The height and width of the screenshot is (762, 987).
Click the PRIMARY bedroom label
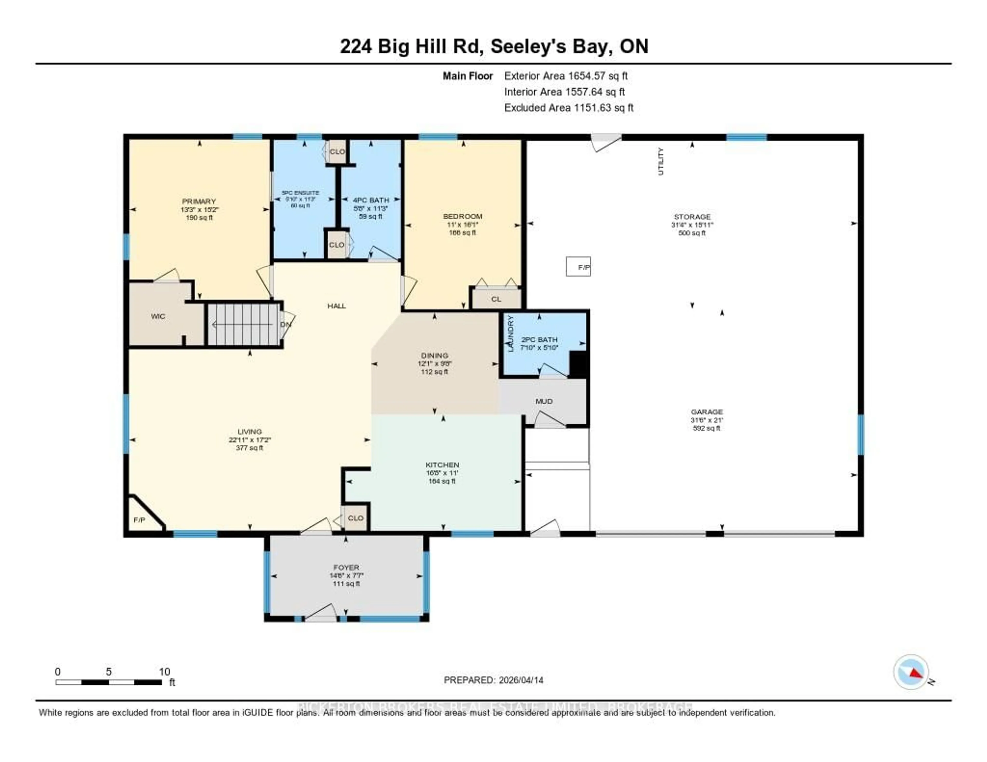tap(199, 201)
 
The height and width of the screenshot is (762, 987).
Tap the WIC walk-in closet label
tap(158, 316)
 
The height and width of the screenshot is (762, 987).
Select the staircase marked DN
tap(244, 324)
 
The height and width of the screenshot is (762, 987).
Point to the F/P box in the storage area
tap(579, 267)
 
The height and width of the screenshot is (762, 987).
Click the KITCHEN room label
tap(442, 465)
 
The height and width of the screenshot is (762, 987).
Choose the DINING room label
tap(434, 356)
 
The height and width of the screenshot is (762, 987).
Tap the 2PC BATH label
tap(539, 340)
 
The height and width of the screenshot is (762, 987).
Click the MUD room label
tap(544, 401)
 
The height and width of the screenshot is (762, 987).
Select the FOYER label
tap(346, 567)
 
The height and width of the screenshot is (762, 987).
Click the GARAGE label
tap(707, 412)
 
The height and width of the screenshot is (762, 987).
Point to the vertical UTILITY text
tap(661, 161)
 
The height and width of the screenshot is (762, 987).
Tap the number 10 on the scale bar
tap(164, 672)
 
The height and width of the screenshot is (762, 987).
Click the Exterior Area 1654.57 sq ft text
tap(566, 76)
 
